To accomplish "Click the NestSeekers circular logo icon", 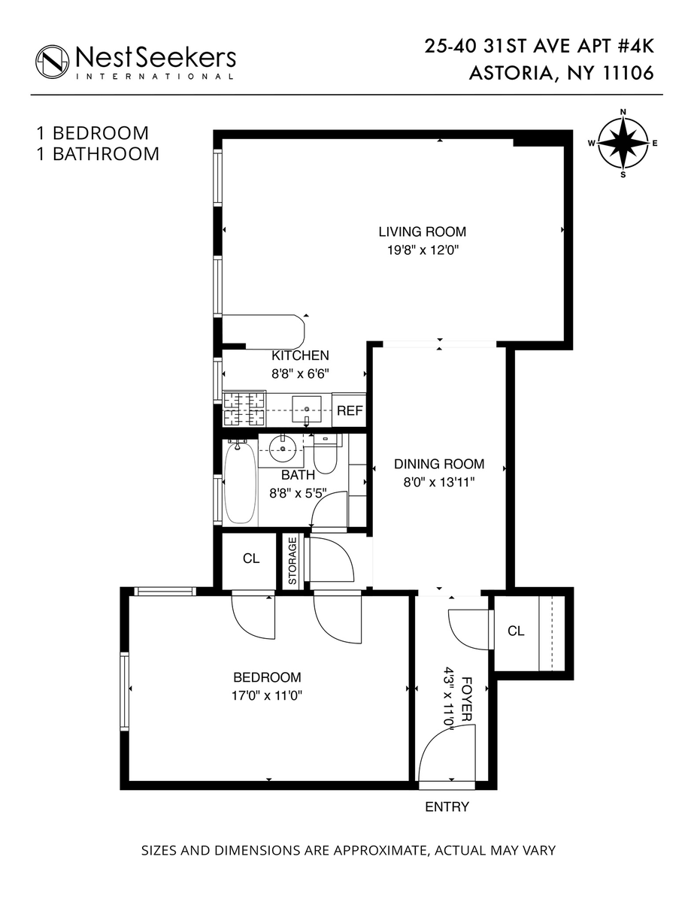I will pyautogui.click(x=53, y=60).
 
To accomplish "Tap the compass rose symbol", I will pyautogui.click(x=623, y=143).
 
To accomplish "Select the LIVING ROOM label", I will pyautogui.click(x=422, y=232).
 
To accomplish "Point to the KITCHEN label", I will pyautogui.click(x=300, y=356).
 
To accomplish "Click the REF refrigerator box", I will pyautogui.click(x=350, y=410).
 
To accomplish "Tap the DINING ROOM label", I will pyautogui.click(x=439, y=464).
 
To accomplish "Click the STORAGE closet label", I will pyautogui.click(x=292, y=561).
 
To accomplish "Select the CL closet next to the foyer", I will pyautogui.click(x=516, y=631).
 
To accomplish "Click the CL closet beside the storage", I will pyautogui.click(x=250, y=559).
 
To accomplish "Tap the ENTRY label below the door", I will pyautogui.click(x=447, y=807).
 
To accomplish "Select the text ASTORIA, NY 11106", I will pyautogui.click(x=561, y=74).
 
